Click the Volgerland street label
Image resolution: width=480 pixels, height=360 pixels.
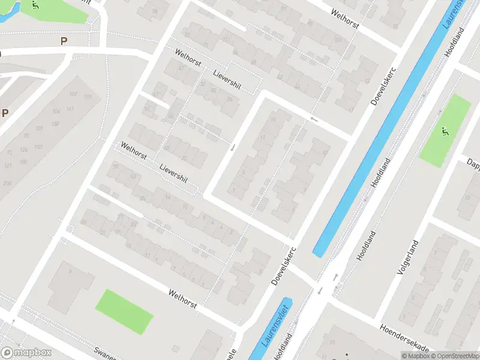coord(406,256)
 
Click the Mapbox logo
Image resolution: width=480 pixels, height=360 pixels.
coord(26,353)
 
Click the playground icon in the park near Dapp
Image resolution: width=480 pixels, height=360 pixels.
coord(445,131)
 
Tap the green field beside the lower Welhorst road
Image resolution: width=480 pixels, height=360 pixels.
coord(125,311)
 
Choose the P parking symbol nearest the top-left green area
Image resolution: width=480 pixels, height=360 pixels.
coord(64,41)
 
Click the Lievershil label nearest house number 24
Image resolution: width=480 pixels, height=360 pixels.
coord(227,80)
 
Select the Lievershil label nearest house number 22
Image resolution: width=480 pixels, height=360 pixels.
coord(173,172)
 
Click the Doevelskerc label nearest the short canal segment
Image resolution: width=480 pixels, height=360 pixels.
coord(284,266)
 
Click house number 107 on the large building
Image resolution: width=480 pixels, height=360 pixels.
coord(74,94)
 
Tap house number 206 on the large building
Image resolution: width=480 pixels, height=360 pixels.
coord(7,183)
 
